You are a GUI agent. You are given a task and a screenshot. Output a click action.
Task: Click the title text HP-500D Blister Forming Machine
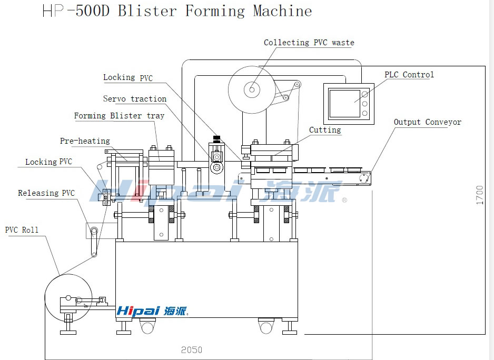tap(177, 11)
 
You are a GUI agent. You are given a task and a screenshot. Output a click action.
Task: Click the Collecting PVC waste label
tap(309, 43)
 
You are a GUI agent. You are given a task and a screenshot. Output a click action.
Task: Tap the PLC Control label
tap(409, 75)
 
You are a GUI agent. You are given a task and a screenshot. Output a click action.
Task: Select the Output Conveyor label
tap(427, 122)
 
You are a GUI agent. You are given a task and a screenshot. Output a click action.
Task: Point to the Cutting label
tap(325, 130)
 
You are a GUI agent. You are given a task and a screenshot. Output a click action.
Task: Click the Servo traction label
tap(134, 99)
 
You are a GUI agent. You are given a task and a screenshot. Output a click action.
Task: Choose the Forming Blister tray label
tap(119, 116)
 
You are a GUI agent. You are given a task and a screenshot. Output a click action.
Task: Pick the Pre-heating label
tap(85, 141)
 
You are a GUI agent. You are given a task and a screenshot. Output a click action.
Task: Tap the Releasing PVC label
tap(46, 193)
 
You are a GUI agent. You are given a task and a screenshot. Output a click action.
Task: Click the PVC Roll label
tap(22, 230)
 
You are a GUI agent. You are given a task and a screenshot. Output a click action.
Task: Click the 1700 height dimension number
tap(480, 195)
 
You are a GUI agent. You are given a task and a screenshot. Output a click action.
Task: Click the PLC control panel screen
tap(344, 103)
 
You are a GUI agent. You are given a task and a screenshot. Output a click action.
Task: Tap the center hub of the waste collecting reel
tap(252, 90)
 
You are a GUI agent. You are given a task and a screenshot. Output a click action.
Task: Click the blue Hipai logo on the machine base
tap(151, 311)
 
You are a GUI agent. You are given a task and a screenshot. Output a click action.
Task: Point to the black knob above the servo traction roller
tap(215, 139)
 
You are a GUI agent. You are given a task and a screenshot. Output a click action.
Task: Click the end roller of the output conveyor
tap(363, 179)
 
